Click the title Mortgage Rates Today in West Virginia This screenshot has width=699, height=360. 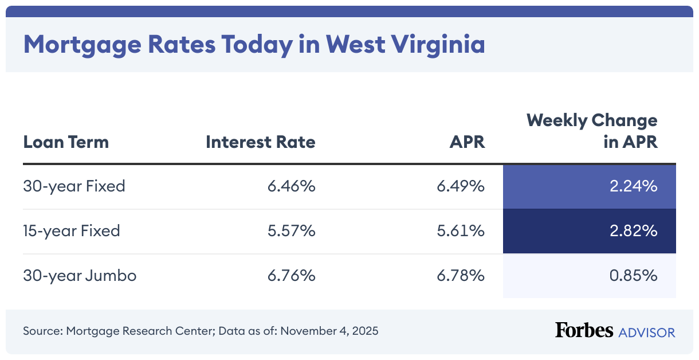254,45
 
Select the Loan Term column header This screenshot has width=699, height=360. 66,142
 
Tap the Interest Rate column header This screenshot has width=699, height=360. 261,142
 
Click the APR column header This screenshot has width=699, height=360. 467,142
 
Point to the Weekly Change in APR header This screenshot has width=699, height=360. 592,131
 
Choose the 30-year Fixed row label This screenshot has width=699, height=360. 74,186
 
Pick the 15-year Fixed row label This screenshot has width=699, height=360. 72,231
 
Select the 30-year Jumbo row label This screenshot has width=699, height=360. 80,276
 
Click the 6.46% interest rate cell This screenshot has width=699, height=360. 291,186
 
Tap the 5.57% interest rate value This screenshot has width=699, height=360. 291,231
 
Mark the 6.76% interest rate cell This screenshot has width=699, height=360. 291,276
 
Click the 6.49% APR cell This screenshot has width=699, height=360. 461,186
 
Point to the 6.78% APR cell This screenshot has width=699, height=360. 461,276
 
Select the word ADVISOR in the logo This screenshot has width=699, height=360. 646,332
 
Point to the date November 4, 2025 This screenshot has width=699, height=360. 329,331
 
